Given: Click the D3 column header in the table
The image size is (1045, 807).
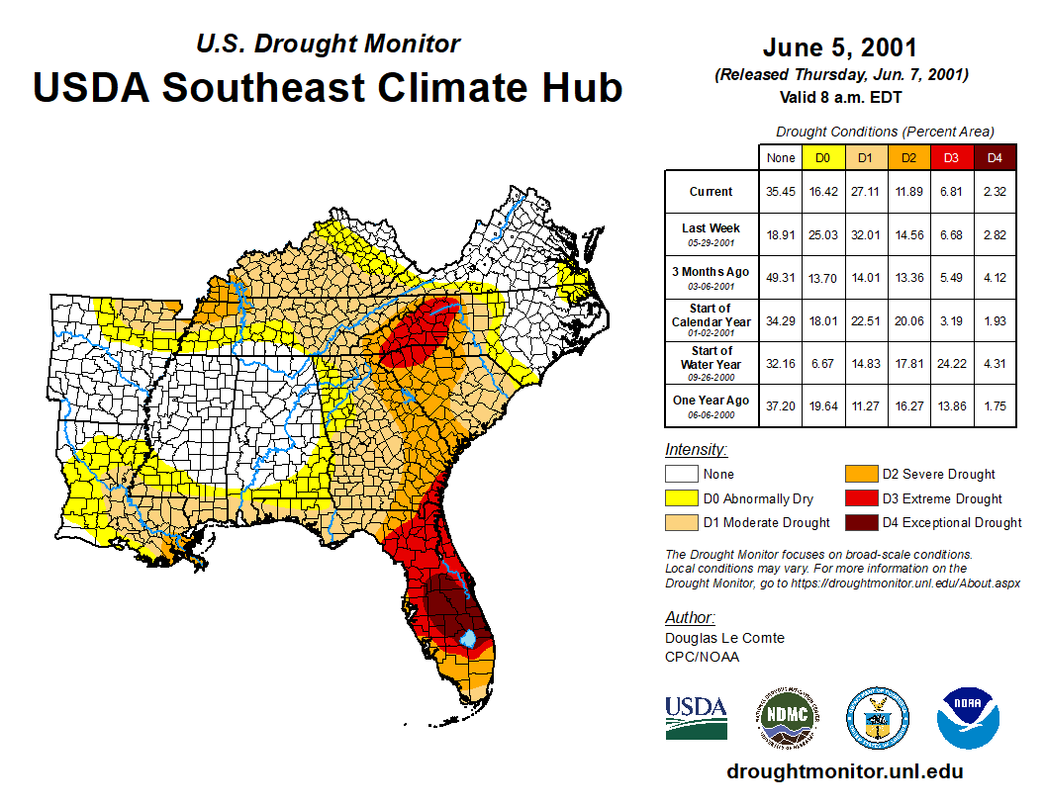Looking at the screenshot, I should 952,157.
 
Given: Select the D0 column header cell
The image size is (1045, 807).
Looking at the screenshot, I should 823,157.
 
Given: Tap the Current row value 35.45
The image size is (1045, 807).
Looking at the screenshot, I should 781,192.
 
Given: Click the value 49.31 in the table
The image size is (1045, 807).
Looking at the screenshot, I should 781,277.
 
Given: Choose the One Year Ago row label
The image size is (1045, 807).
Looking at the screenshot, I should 712,402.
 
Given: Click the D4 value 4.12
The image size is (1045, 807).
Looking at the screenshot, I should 995,277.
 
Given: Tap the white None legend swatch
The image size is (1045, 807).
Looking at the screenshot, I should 681,475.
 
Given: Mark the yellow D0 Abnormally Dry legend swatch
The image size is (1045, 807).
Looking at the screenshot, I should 681,498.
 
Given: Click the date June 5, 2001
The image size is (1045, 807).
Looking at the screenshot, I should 840,47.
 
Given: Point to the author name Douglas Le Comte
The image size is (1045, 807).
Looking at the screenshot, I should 724,638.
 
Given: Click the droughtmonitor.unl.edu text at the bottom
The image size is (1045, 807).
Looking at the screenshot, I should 844,771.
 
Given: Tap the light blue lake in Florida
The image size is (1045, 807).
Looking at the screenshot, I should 467,638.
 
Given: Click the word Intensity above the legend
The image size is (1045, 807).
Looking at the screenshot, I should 696,449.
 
